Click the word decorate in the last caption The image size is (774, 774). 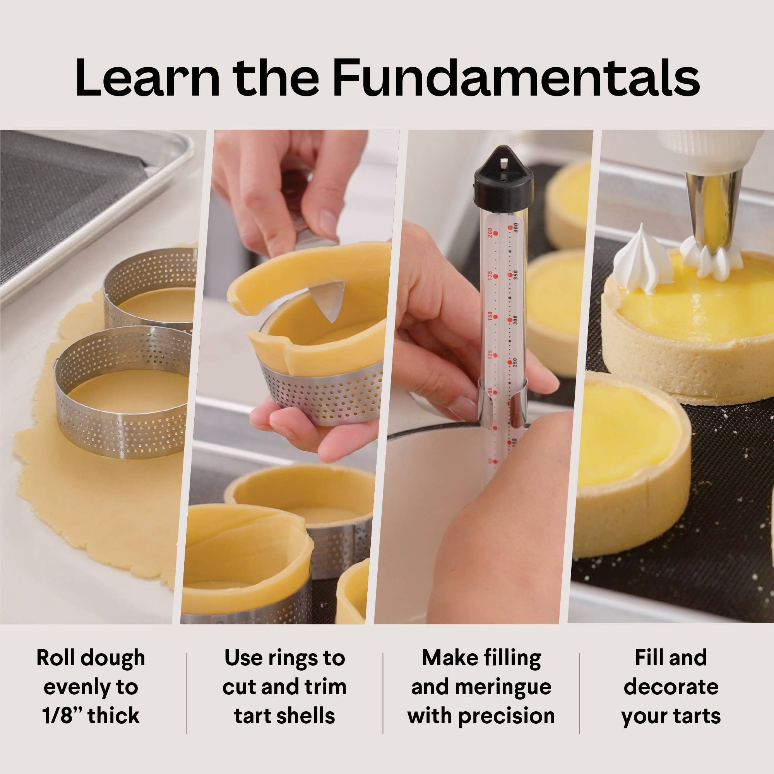click(671, 687)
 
